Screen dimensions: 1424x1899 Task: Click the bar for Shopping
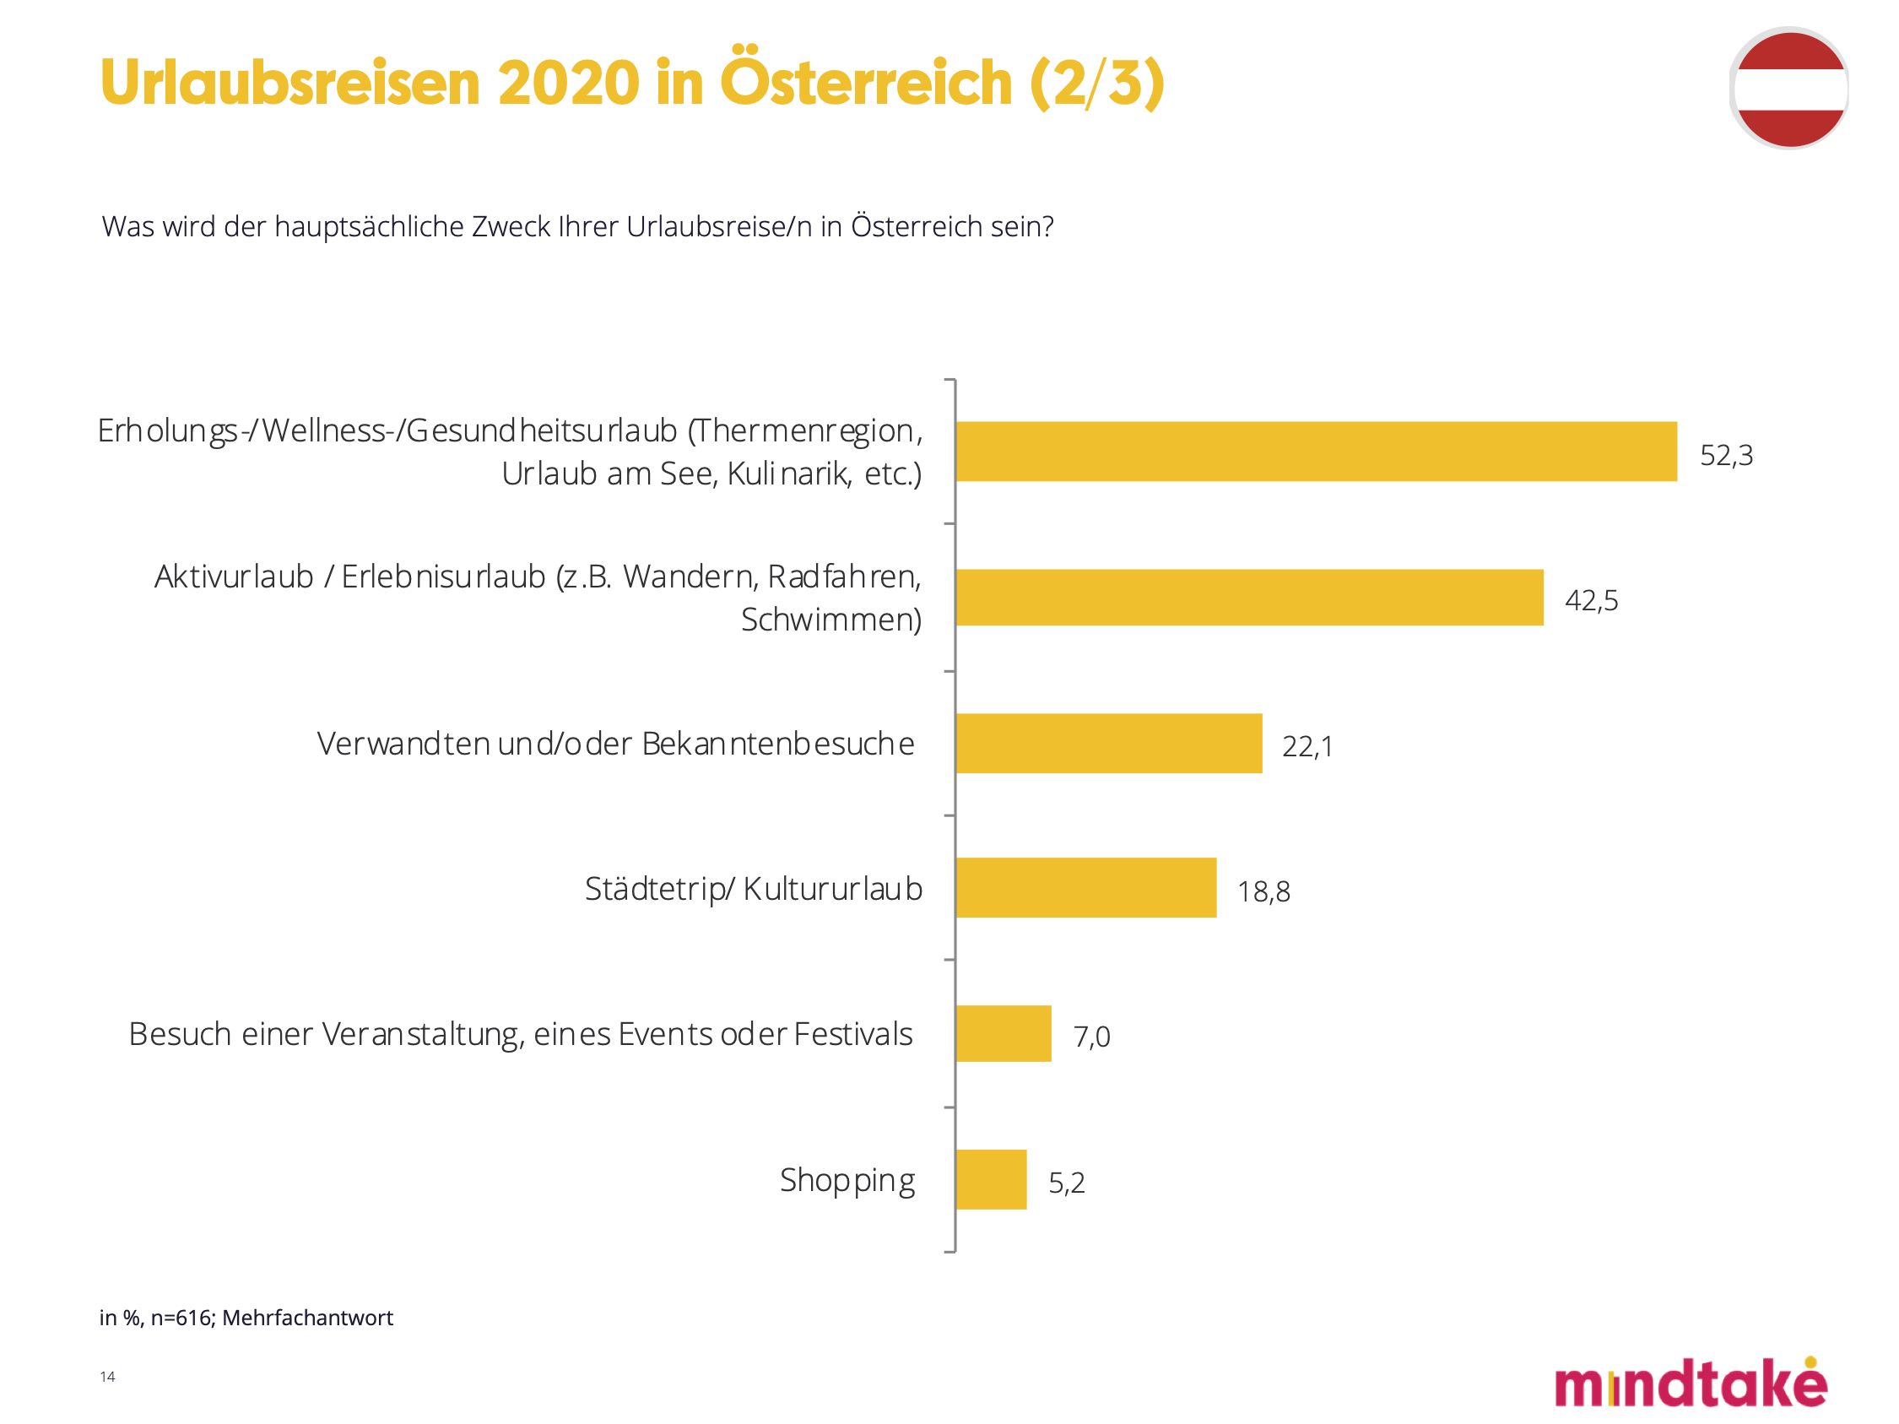(991, 1179)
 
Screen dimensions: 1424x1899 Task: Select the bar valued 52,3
(1316, 452)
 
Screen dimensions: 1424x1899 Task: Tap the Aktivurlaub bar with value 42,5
(1249, 597)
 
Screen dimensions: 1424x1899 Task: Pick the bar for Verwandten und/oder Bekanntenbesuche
(1108, 744)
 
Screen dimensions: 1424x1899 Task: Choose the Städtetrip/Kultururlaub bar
(1086, 887)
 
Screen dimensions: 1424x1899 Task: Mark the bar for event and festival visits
(1003, 1033)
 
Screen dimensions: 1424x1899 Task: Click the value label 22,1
(1307, 748)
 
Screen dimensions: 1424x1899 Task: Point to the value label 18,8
(1263, 893)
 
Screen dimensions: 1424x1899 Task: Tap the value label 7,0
(1092, 1037)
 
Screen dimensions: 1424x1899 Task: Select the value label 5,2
(1067, 1183)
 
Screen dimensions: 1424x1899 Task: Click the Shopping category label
(847, 1181)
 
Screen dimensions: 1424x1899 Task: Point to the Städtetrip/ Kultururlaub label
(754, 889)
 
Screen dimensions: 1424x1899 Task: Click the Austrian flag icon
(1790, 89)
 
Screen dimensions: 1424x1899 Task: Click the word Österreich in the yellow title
(865, 84)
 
